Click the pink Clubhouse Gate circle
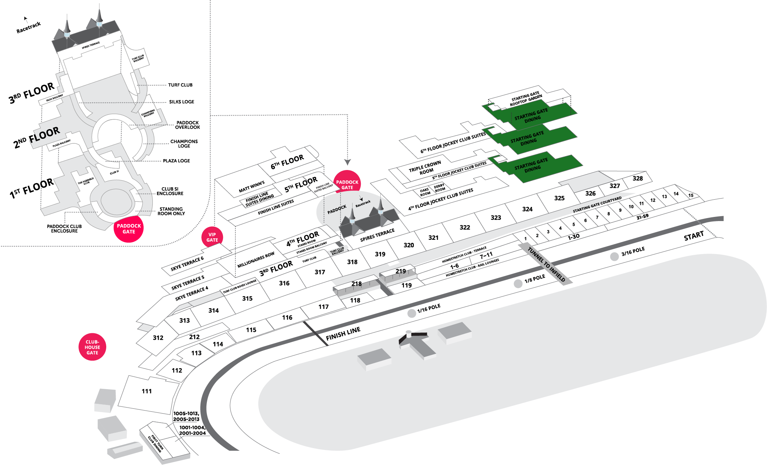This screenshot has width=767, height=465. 92,347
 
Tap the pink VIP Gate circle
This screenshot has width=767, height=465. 212,238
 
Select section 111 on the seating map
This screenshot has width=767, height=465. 147,391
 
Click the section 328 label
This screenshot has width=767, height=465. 637,178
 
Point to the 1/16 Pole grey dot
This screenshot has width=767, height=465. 412,313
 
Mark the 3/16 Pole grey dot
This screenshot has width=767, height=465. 614,257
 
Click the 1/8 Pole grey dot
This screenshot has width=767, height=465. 518,284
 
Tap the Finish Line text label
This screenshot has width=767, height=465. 343,333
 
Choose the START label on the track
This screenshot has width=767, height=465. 693,236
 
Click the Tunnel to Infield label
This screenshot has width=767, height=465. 546,264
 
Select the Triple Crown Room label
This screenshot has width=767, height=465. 425,168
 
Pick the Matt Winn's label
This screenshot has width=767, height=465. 252,187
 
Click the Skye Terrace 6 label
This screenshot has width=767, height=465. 187,263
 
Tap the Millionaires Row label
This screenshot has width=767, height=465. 256,260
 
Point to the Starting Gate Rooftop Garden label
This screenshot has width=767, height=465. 526,99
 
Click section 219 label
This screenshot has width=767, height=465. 401,271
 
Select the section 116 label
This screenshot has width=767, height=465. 287,318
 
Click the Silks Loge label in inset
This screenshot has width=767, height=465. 182,102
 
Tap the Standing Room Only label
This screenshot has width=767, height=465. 171,211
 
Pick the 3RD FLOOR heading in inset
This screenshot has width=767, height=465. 32,93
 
